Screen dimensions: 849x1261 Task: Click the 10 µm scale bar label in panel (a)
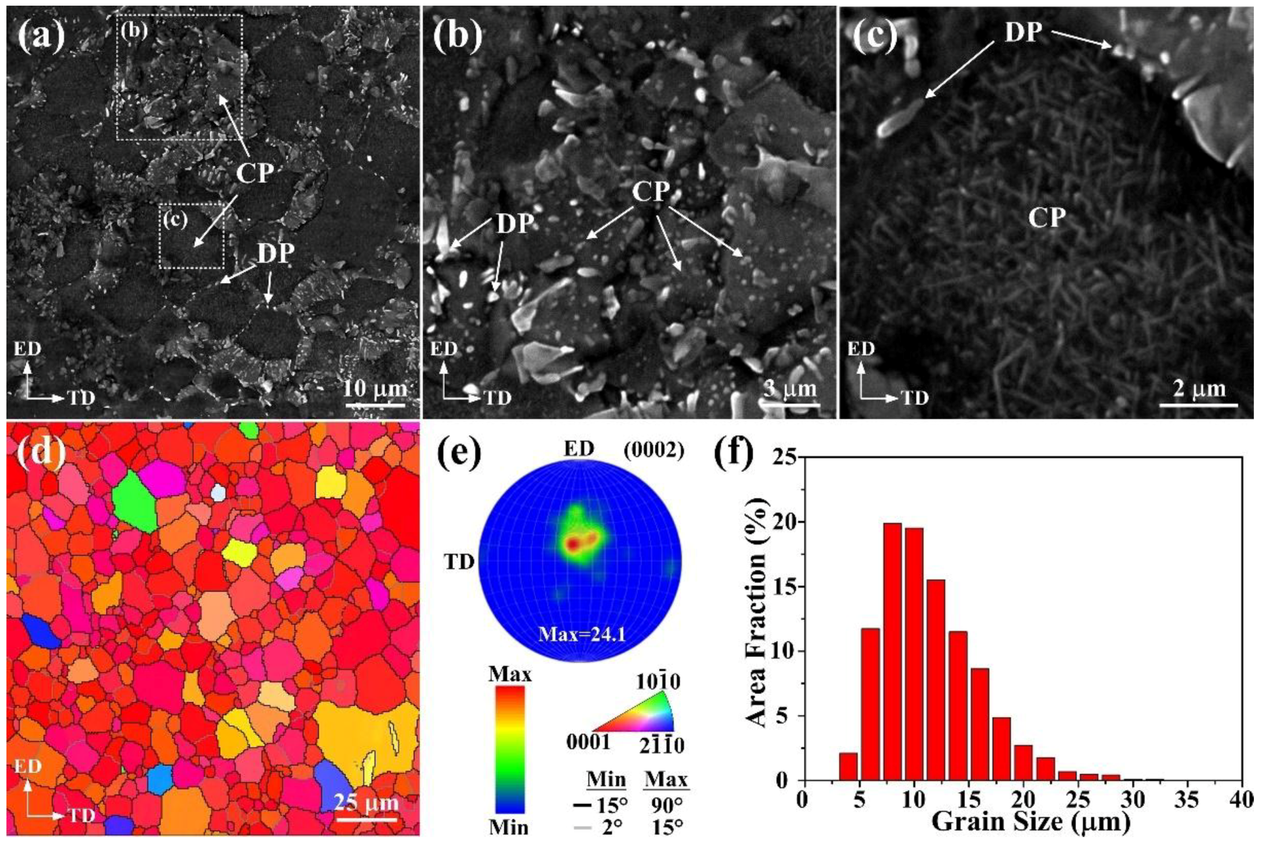pos(375,389)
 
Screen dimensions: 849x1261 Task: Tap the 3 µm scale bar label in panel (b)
pos(790,389)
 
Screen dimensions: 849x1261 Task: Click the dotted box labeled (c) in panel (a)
pos(191,236)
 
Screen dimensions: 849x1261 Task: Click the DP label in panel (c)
pos(1023,33)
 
